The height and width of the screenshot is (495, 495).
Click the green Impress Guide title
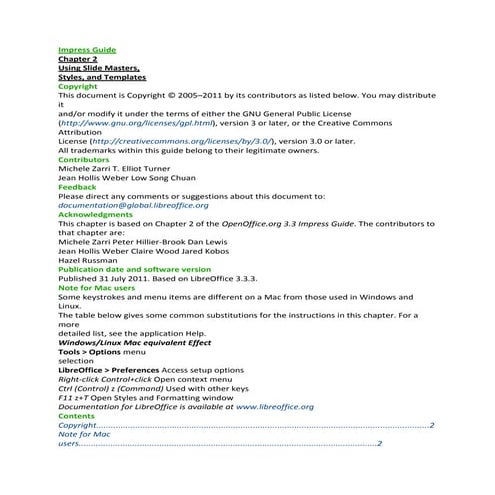click(x=87, y=49)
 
